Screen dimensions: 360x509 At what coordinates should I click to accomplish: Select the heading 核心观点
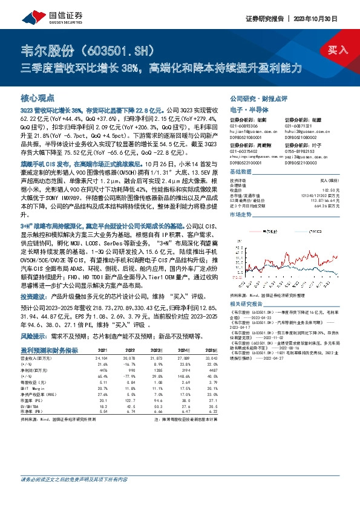[38, 97]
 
